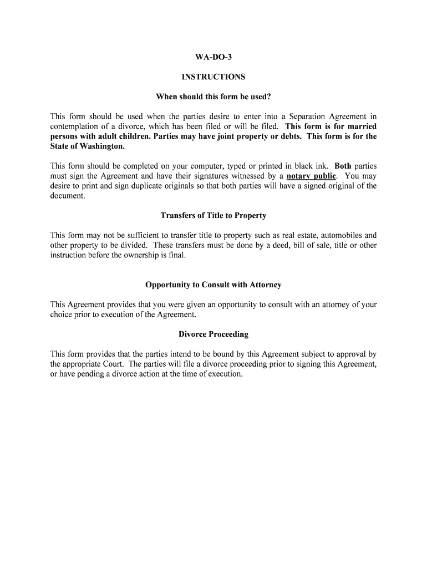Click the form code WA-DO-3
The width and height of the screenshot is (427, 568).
[213, 57]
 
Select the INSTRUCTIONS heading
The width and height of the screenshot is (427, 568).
[213, 77]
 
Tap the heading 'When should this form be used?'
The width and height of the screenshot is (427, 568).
[213, 97]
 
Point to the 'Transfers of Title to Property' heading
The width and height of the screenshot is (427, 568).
[213, 215]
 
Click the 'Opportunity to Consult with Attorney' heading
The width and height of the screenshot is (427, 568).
[213, 285]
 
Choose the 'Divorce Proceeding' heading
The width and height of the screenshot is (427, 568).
[213, 334]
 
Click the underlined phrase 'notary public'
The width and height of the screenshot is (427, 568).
[311, 176]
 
